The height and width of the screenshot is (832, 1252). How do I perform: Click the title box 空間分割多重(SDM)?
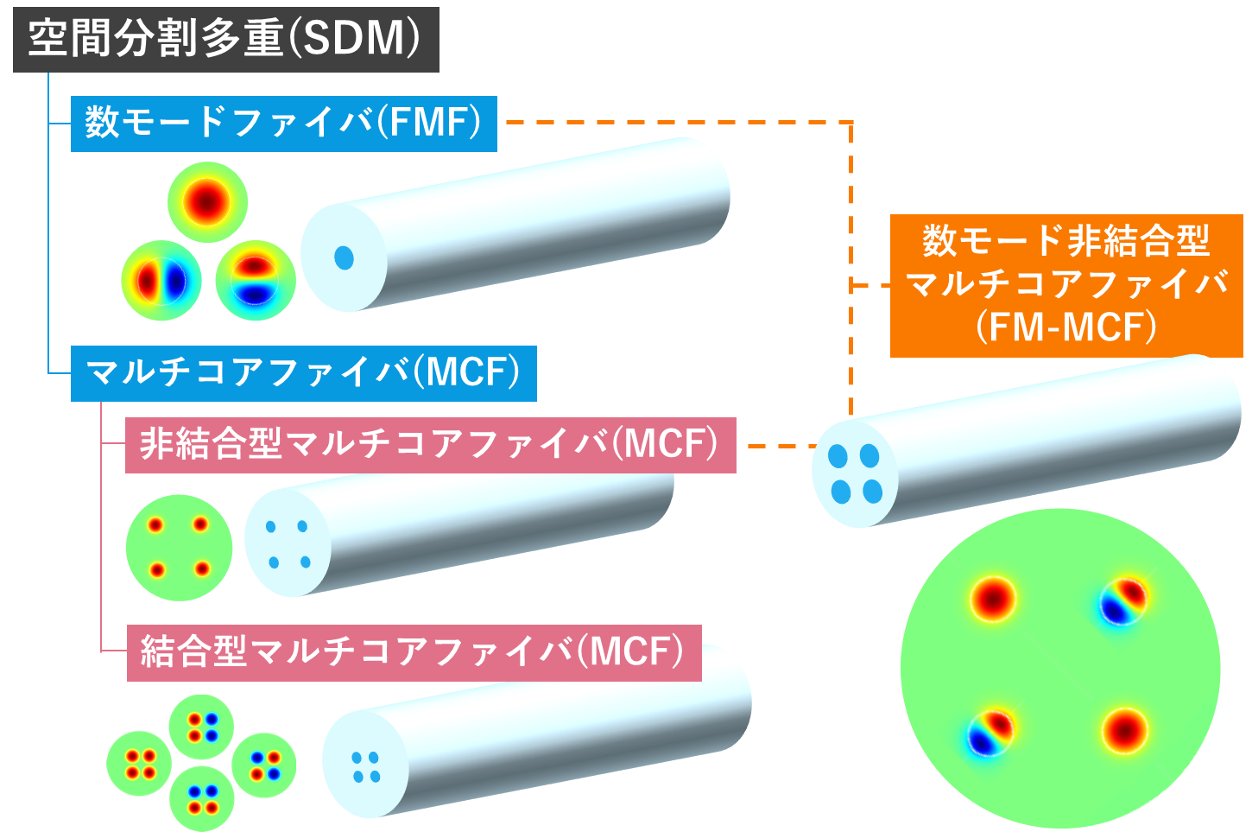pos(225,40)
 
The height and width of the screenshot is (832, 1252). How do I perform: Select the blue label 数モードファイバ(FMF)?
pos(283,124)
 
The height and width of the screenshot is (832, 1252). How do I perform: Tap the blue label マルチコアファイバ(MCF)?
pos(303,373)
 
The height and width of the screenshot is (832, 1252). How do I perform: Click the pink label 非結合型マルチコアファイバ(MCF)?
pos(430,445)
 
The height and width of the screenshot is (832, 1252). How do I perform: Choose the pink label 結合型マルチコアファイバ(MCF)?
pos(414,652)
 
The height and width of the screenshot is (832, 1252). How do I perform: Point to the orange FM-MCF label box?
pos(1065,285)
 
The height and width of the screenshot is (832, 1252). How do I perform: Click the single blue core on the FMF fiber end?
pos(344,257)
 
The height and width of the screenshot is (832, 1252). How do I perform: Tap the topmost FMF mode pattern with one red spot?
pos(207,202)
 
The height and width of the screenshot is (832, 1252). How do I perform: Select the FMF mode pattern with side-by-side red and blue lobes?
pos(161,281)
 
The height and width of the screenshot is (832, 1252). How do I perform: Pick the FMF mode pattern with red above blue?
pos(256,281)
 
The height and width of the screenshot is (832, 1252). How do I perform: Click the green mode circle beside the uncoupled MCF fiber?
pos(179,548)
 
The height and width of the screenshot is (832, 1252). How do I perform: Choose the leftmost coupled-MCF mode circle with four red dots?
pos(139,763)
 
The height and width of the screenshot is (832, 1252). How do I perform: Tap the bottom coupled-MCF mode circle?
pos(201,799)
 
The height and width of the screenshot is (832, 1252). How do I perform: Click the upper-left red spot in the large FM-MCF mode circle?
pos(993,599)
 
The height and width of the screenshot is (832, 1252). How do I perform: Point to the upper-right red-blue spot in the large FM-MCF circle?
pos(1122,600)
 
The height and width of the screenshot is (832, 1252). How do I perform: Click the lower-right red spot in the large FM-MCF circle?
pos(1124,730)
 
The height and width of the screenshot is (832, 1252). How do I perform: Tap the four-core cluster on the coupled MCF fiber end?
pos(366,767)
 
